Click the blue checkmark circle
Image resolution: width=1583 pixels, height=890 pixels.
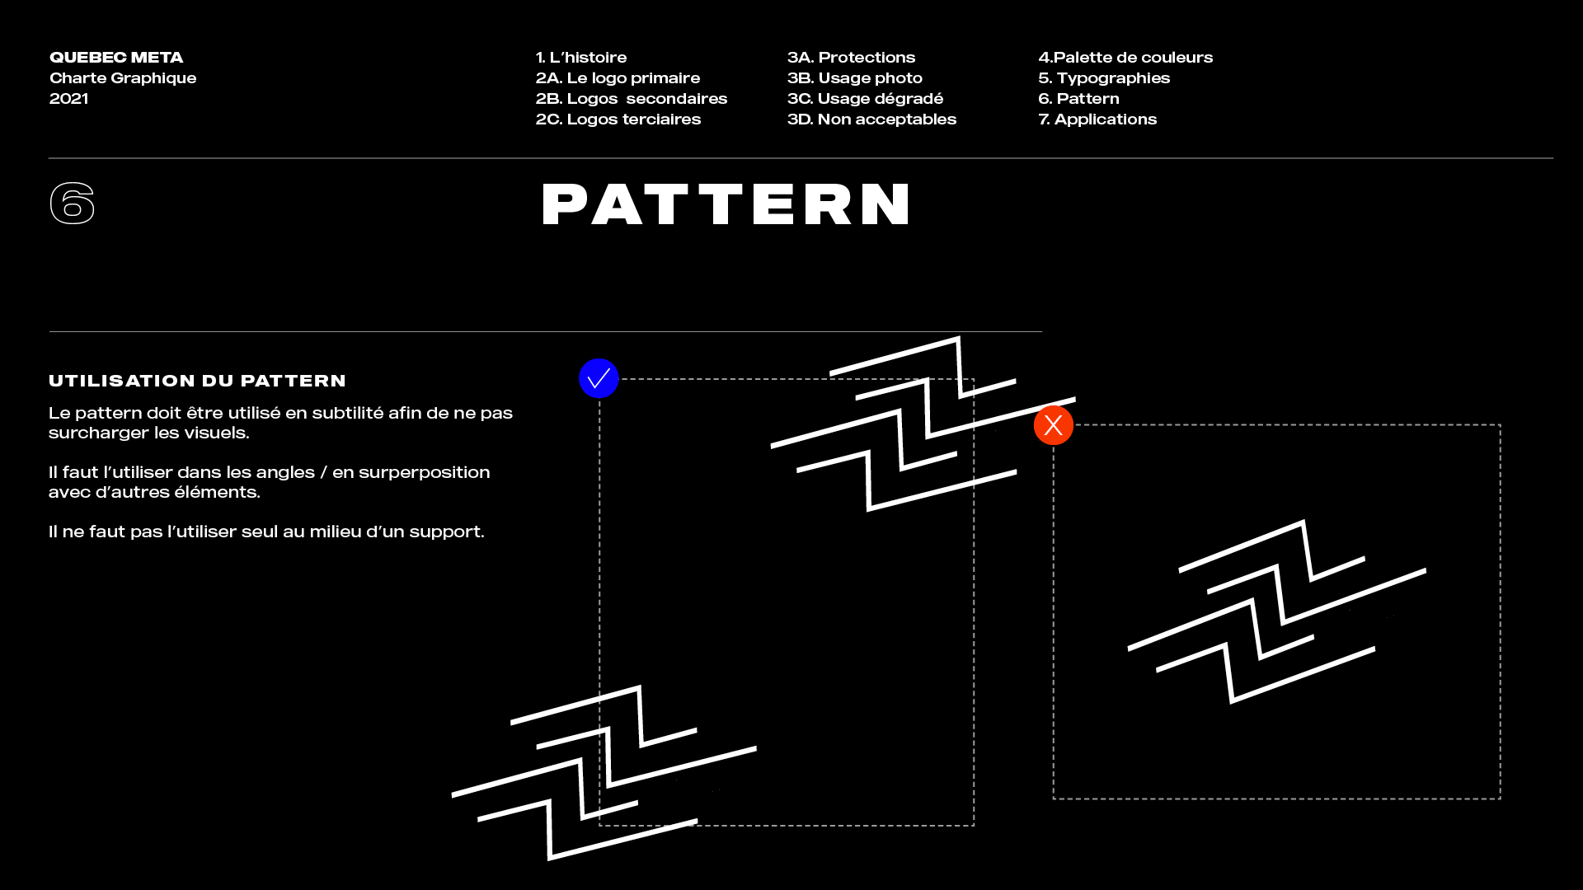tap(599, 378)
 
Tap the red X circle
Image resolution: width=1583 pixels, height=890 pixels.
tap(1053, 425)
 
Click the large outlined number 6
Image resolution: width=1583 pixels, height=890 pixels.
tap(73, 204)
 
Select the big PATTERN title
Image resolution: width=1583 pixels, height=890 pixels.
tap(726, 204)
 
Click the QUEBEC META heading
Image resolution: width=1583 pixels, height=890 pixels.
tap(116, 58)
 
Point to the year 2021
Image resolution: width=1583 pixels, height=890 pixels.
tap(68, 99)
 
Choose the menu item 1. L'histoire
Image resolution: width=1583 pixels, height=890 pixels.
tap(581, 58)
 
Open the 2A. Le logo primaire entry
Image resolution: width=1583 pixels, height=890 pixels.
tap(618, 78)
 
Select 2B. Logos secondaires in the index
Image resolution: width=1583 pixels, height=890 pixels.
tap(632, 99)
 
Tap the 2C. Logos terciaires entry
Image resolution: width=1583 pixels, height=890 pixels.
tap(618, 119)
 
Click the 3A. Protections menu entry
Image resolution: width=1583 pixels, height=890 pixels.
tap(851, 58)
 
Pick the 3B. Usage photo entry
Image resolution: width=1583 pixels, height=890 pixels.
tap(854, 78)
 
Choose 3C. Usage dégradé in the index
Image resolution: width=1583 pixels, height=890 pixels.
tap(865, 99)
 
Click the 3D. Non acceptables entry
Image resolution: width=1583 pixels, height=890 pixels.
tap(871, 119)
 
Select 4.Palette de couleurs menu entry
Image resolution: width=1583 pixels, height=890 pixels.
tap(1125, 58)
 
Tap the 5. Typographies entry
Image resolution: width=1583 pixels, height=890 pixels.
tap(1104, 78)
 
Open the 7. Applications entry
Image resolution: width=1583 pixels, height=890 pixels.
tap(1097, 119)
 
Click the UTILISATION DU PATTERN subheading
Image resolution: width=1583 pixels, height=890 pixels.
tap(197, 381)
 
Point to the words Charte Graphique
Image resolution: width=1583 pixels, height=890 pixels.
tap(123, 78)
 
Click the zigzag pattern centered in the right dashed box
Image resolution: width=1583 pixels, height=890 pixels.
tap(1276, 611)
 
